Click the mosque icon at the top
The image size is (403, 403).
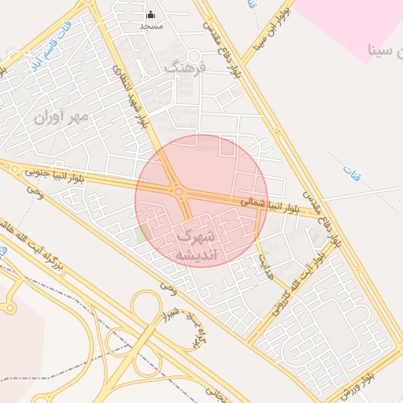pyautogui.click(x=151, y=14)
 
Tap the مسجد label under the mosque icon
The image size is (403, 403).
pyautogui.click(x=151, y=26)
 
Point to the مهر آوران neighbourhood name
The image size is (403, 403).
pyautogui.click(x=62, y=116)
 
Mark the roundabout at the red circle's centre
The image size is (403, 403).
pyautogui.click(x=179, y=191)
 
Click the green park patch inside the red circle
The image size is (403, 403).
pyautogui.click(x=142, y=234)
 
